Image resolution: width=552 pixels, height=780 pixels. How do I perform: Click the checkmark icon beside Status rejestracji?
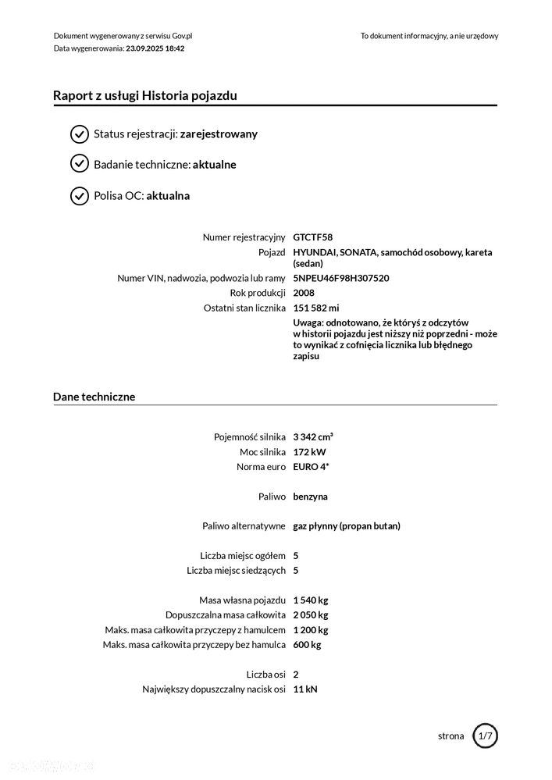pos(79,134)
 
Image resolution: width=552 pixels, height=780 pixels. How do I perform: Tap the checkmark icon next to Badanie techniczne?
pos(79,164)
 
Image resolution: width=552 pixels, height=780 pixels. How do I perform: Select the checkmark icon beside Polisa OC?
pos(79,195)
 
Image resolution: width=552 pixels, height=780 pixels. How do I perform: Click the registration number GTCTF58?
pos(313,237)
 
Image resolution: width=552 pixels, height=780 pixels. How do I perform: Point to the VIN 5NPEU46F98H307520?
pos(341,278)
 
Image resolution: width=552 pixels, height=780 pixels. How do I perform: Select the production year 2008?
pos(304,293)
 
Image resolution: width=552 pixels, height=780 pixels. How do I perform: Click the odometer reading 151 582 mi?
pos(316,308)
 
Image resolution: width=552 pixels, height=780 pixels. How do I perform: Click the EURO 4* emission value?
pos(311,467)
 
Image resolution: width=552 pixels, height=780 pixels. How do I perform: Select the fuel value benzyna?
pos(310,497)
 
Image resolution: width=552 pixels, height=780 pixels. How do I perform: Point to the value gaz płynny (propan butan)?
pos(347,526)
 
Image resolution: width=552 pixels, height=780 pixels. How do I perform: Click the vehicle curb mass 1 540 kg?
pos(311,600)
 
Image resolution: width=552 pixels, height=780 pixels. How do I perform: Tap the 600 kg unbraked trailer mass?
pos(307,645)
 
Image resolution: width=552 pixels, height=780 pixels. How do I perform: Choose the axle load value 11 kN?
pos(305,689)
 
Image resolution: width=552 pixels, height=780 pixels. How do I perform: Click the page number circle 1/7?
pos(485,735)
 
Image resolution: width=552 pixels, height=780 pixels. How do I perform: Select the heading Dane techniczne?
pos(94,397)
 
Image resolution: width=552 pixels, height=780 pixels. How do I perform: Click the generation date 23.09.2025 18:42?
pos(155,48)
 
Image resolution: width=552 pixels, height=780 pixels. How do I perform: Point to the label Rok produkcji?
pos(258,293)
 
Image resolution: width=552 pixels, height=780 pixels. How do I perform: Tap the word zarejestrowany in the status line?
pos(219,134)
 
